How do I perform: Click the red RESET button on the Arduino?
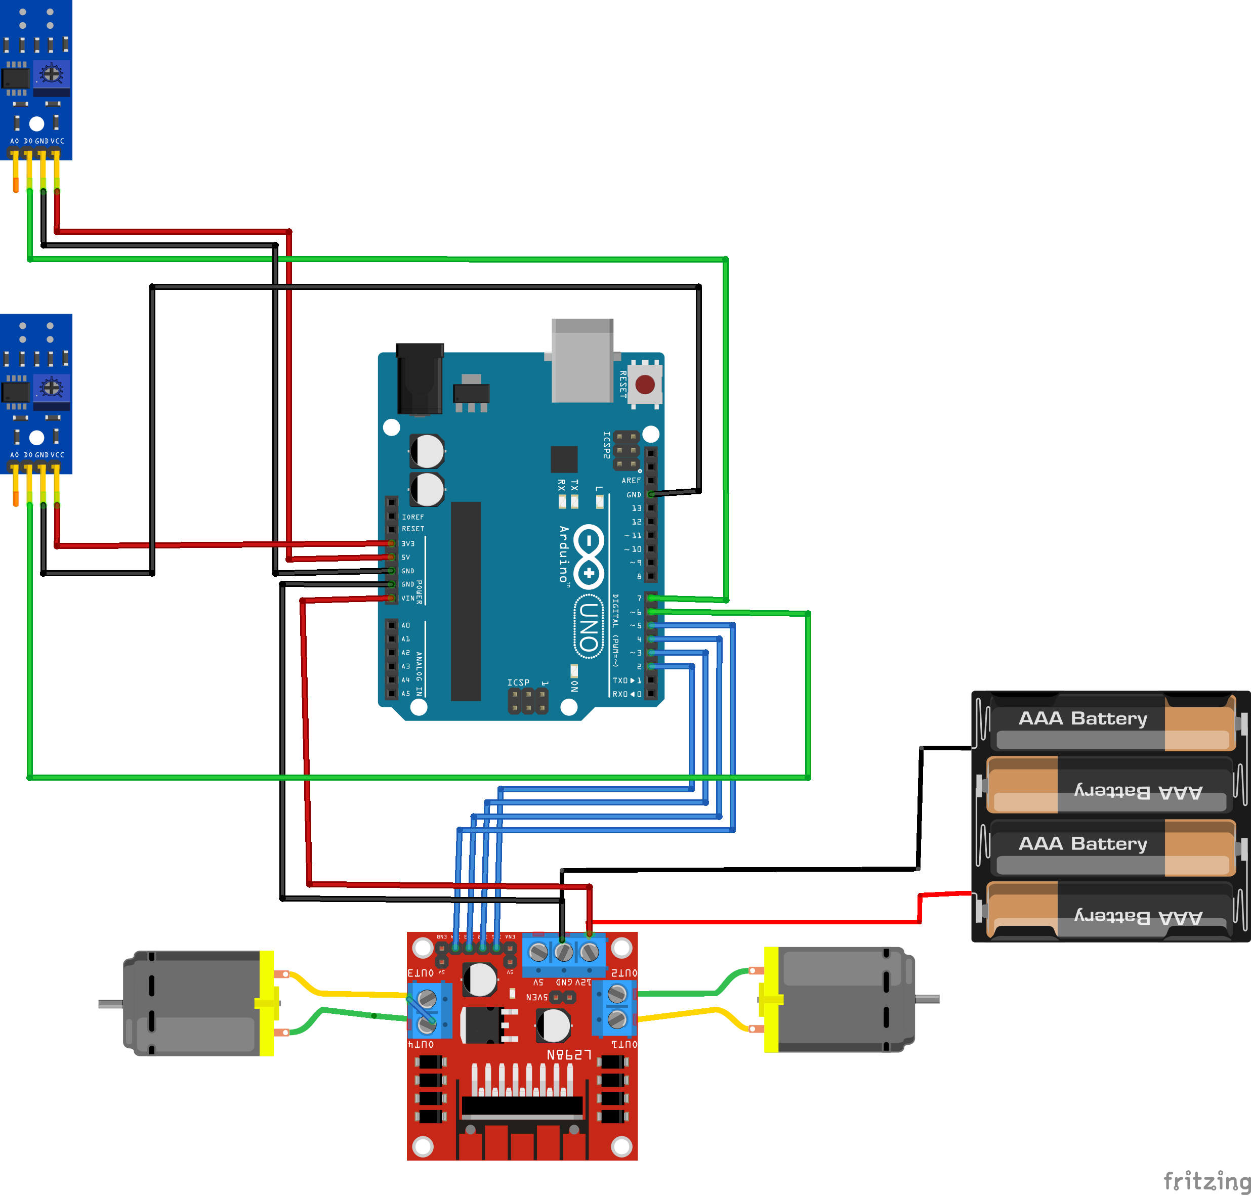click(x=645, y=385)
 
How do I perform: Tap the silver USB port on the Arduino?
click(x=582, y=361)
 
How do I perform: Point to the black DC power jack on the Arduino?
click(x=420, y=379)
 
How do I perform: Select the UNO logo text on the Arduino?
click(x=589, y=627)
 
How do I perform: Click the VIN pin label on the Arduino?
click(x=407, y=598)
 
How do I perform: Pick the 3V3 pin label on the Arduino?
click(x=407, y=544)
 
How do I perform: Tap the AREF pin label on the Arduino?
click(x=631, y=480)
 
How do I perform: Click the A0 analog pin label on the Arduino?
click(x=405, y=625)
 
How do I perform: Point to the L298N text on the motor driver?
click(x=569, y=1055)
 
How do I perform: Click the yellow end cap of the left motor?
click(x=267, y=1003)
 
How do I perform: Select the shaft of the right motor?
click(x=927, y=999)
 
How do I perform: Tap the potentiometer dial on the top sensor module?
click(x=51, y=74)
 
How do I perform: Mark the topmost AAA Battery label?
click(x=1082, y=718)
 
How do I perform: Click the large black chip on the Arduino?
click(x=466, y=601)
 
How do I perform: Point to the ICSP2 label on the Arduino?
click(x=606, y=445)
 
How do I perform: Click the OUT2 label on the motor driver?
click(x=623, y=973)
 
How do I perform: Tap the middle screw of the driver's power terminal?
click(x=564, y=953)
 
